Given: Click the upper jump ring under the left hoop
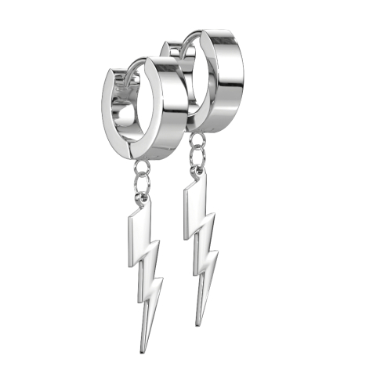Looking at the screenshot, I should pyautogui.click(x=143, y=167).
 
